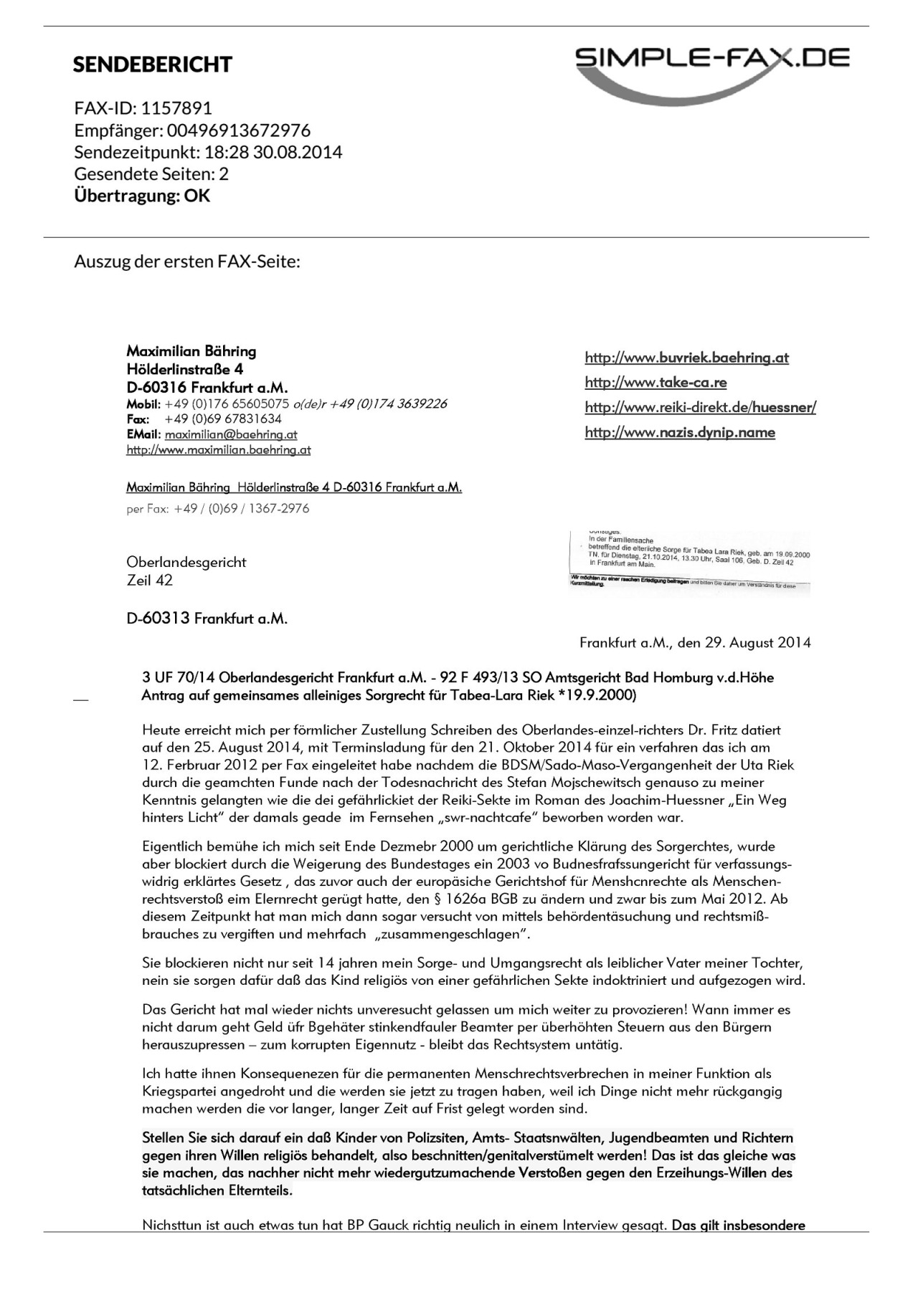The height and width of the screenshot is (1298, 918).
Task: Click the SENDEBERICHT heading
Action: point(152,65)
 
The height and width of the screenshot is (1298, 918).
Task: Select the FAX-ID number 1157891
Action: point(176,108)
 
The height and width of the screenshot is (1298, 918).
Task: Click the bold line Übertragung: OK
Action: point(142,196)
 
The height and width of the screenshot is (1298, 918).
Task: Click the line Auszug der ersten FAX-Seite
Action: point(186,261)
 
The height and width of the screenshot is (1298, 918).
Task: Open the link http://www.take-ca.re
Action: point(656,383)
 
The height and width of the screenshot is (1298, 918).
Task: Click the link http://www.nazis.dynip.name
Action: point(680,432)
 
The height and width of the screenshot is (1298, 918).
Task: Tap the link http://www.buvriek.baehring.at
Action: point(686,358)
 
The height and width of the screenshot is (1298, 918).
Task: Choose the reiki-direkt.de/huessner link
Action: point(700,408)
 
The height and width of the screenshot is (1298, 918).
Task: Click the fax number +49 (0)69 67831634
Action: point(223,419)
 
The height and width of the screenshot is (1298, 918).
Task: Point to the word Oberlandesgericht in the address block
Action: point(186,562)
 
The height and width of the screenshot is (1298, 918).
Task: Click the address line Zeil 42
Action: point(149,580)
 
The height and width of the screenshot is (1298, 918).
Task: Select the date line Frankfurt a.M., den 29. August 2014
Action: point(695,643)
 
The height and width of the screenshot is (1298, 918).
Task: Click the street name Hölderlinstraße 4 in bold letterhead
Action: point(184,369)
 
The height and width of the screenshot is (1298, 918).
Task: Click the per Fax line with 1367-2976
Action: point(218,508)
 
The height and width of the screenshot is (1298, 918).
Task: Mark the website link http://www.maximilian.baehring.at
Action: point(218,450)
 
